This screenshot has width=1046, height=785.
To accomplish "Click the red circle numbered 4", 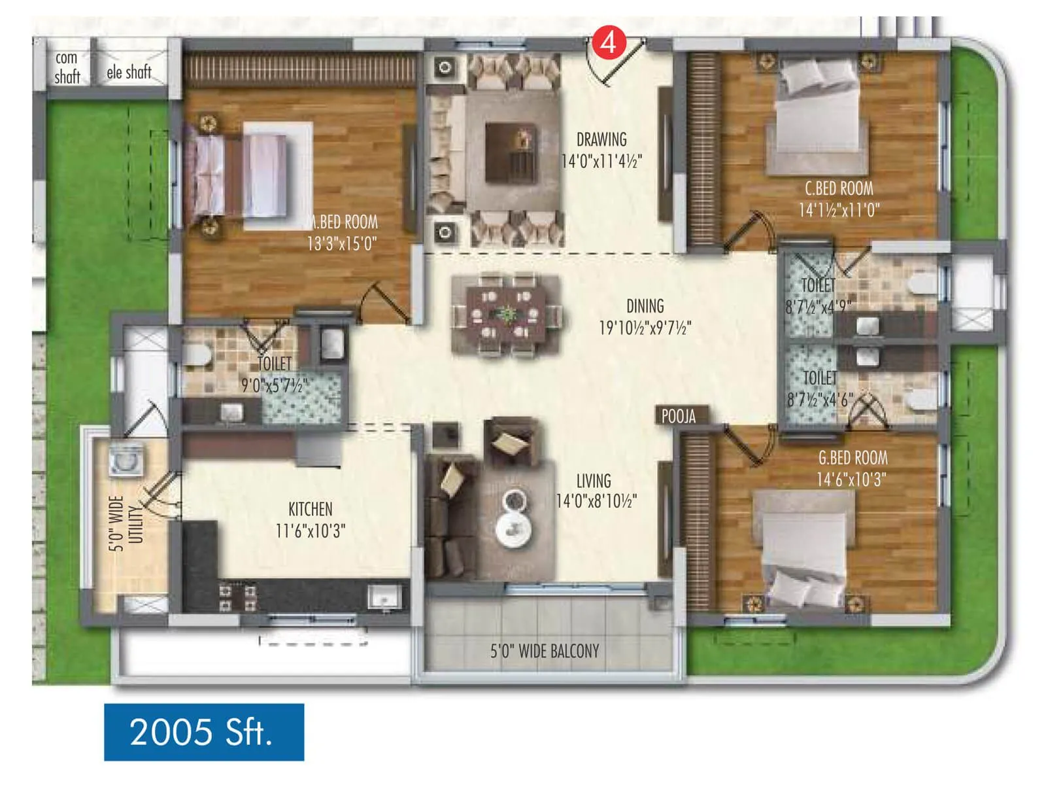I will tap(609, 43).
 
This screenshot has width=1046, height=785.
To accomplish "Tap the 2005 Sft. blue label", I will tap(203, 731).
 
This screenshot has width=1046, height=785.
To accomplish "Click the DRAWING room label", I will tap(601, 139).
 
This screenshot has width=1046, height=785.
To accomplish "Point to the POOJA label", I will tap(678, 416).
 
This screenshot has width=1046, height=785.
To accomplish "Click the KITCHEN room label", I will tap(310, 509).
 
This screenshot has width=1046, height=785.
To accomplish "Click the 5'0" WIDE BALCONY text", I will tap(545, 651).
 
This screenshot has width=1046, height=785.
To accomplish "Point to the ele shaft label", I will tap(129, 72).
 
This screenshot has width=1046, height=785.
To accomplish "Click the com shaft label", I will tap(67, 67).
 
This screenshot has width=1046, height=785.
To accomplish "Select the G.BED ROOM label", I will tap(852, 457).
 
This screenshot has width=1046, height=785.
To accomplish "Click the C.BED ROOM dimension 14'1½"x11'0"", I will tap(839, 210).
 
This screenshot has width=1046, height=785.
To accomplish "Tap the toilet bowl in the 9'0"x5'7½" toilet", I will tap(196, 356).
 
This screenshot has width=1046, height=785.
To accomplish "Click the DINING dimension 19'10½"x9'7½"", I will tap(645, 327).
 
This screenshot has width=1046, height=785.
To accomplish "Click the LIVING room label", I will tap(593, 481).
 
